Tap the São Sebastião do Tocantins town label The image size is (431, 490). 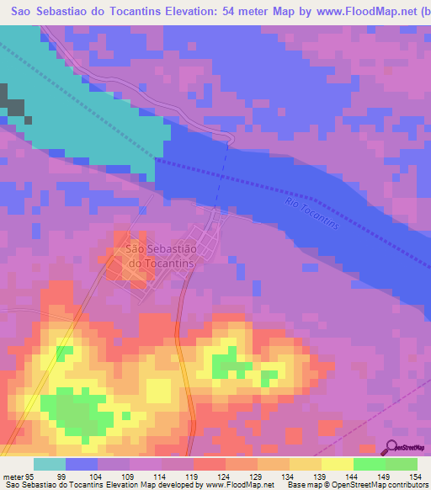160,255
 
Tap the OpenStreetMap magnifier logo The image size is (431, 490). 391,448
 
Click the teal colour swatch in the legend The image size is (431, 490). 50,464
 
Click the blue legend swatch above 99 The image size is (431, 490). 82,464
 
